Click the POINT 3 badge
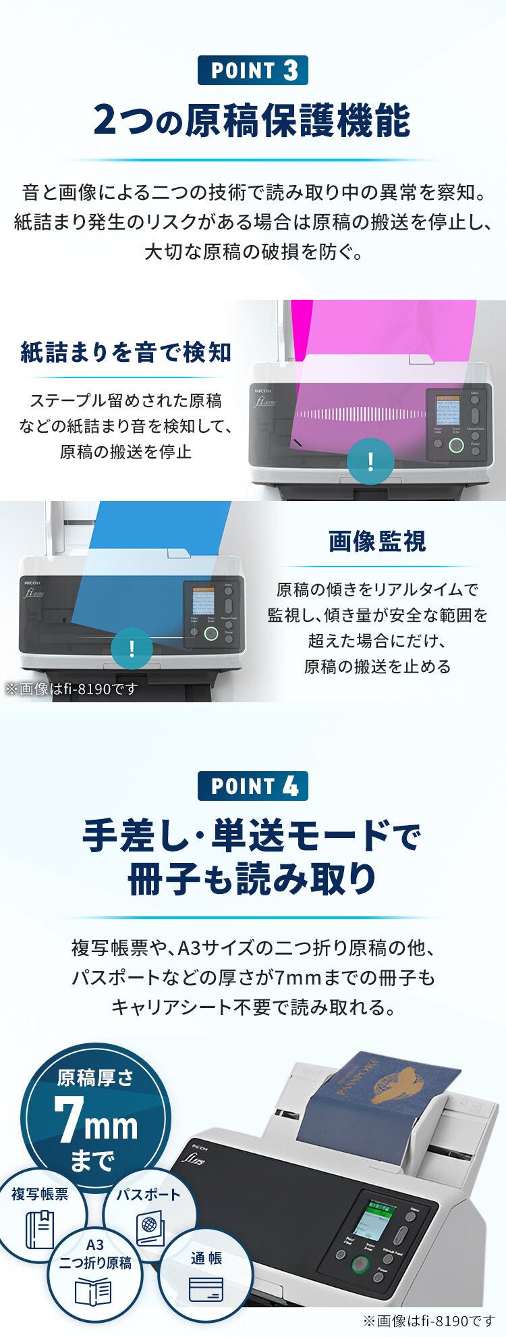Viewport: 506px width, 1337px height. (253, 70)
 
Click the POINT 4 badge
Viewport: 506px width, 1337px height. (253, 786)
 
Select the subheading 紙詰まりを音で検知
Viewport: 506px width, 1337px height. (126, 352)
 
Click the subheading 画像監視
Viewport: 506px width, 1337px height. (377, 541)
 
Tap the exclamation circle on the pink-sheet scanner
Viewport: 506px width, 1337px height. (370, 462)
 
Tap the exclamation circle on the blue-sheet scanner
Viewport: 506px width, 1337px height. (132, 649)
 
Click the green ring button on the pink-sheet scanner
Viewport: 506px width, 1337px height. (456, 445)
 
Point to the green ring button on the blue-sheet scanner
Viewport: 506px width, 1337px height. (211, 633)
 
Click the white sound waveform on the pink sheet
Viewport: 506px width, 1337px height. (361, 414)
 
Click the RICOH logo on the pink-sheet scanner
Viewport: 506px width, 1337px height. (263, 391)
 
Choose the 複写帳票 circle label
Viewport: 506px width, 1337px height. (40, 1195)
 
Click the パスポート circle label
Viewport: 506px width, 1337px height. (148, 1195)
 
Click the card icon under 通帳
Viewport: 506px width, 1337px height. (206, 1289)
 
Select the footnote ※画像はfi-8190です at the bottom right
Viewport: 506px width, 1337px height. (428, 1321)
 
